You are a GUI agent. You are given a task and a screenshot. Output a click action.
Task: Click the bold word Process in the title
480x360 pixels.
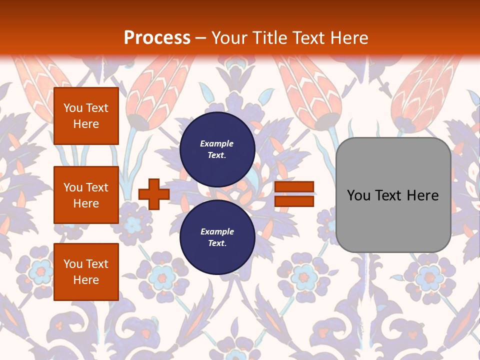pyautogui.click(x=157, y=38)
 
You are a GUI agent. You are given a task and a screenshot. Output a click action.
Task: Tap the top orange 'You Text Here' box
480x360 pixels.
pyautogui.click(x=86, y=116)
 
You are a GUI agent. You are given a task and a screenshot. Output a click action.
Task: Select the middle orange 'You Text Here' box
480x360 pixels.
pyautogui.click(x=86, y=195)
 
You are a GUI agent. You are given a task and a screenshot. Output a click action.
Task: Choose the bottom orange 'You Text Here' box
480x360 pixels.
pyautogui.click(x=86, y=272)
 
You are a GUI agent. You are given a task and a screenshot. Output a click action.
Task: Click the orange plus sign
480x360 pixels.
pyautogui.click(x=154, y=194)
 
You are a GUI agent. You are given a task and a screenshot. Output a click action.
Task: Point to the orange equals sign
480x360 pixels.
pyautogui.click(x=294, y=194)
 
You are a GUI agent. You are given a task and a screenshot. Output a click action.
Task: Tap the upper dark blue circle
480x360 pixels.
pyautogui.click(x=217, y=149)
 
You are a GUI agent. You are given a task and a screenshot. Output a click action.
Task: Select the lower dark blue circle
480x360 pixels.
pyautogui.click(x=217, y=237)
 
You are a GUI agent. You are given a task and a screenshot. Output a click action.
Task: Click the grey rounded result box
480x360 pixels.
pyautogui.click(x=393, y=195)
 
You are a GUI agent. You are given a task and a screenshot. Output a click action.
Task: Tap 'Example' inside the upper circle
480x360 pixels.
pyautogui.click(x=217, y=143)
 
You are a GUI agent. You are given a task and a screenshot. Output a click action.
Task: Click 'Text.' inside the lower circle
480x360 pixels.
pyautogui.click(x=217, y=243)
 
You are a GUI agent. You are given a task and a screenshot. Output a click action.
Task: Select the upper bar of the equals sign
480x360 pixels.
pyautogui.click(x=294, y=187)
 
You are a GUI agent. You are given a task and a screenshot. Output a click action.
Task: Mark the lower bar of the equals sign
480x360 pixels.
pyautogui.click(x=294, y=201)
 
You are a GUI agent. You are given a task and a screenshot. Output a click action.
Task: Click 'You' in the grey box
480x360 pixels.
pyautogui.click(x=359, y=195)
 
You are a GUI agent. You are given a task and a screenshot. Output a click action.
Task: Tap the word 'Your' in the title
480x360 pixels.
pyautogui.click(x=229, y=38)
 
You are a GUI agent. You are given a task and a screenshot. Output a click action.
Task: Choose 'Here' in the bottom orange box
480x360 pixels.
pyautogui.click(x=86, y=280)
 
